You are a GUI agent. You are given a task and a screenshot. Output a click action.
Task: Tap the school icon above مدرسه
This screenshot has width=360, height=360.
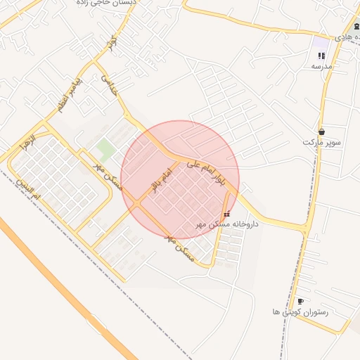click(x=321, y=56)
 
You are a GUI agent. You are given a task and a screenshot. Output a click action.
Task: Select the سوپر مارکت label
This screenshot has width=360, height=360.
click(x=322, y=142)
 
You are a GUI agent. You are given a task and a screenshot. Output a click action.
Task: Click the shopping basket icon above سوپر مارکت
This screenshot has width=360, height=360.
click(x=321, y=131)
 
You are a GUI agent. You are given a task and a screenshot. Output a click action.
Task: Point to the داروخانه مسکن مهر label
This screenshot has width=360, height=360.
click(x=227, y=224)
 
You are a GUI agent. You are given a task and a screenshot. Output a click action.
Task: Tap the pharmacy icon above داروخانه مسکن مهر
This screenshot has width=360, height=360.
click(x=226, y=214)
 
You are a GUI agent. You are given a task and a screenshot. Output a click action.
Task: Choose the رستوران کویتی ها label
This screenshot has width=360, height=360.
click(x=300, y=311)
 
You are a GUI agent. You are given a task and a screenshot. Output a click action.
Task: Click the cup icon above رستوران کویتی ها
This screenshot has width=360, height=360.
click(x=300, y=301)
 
